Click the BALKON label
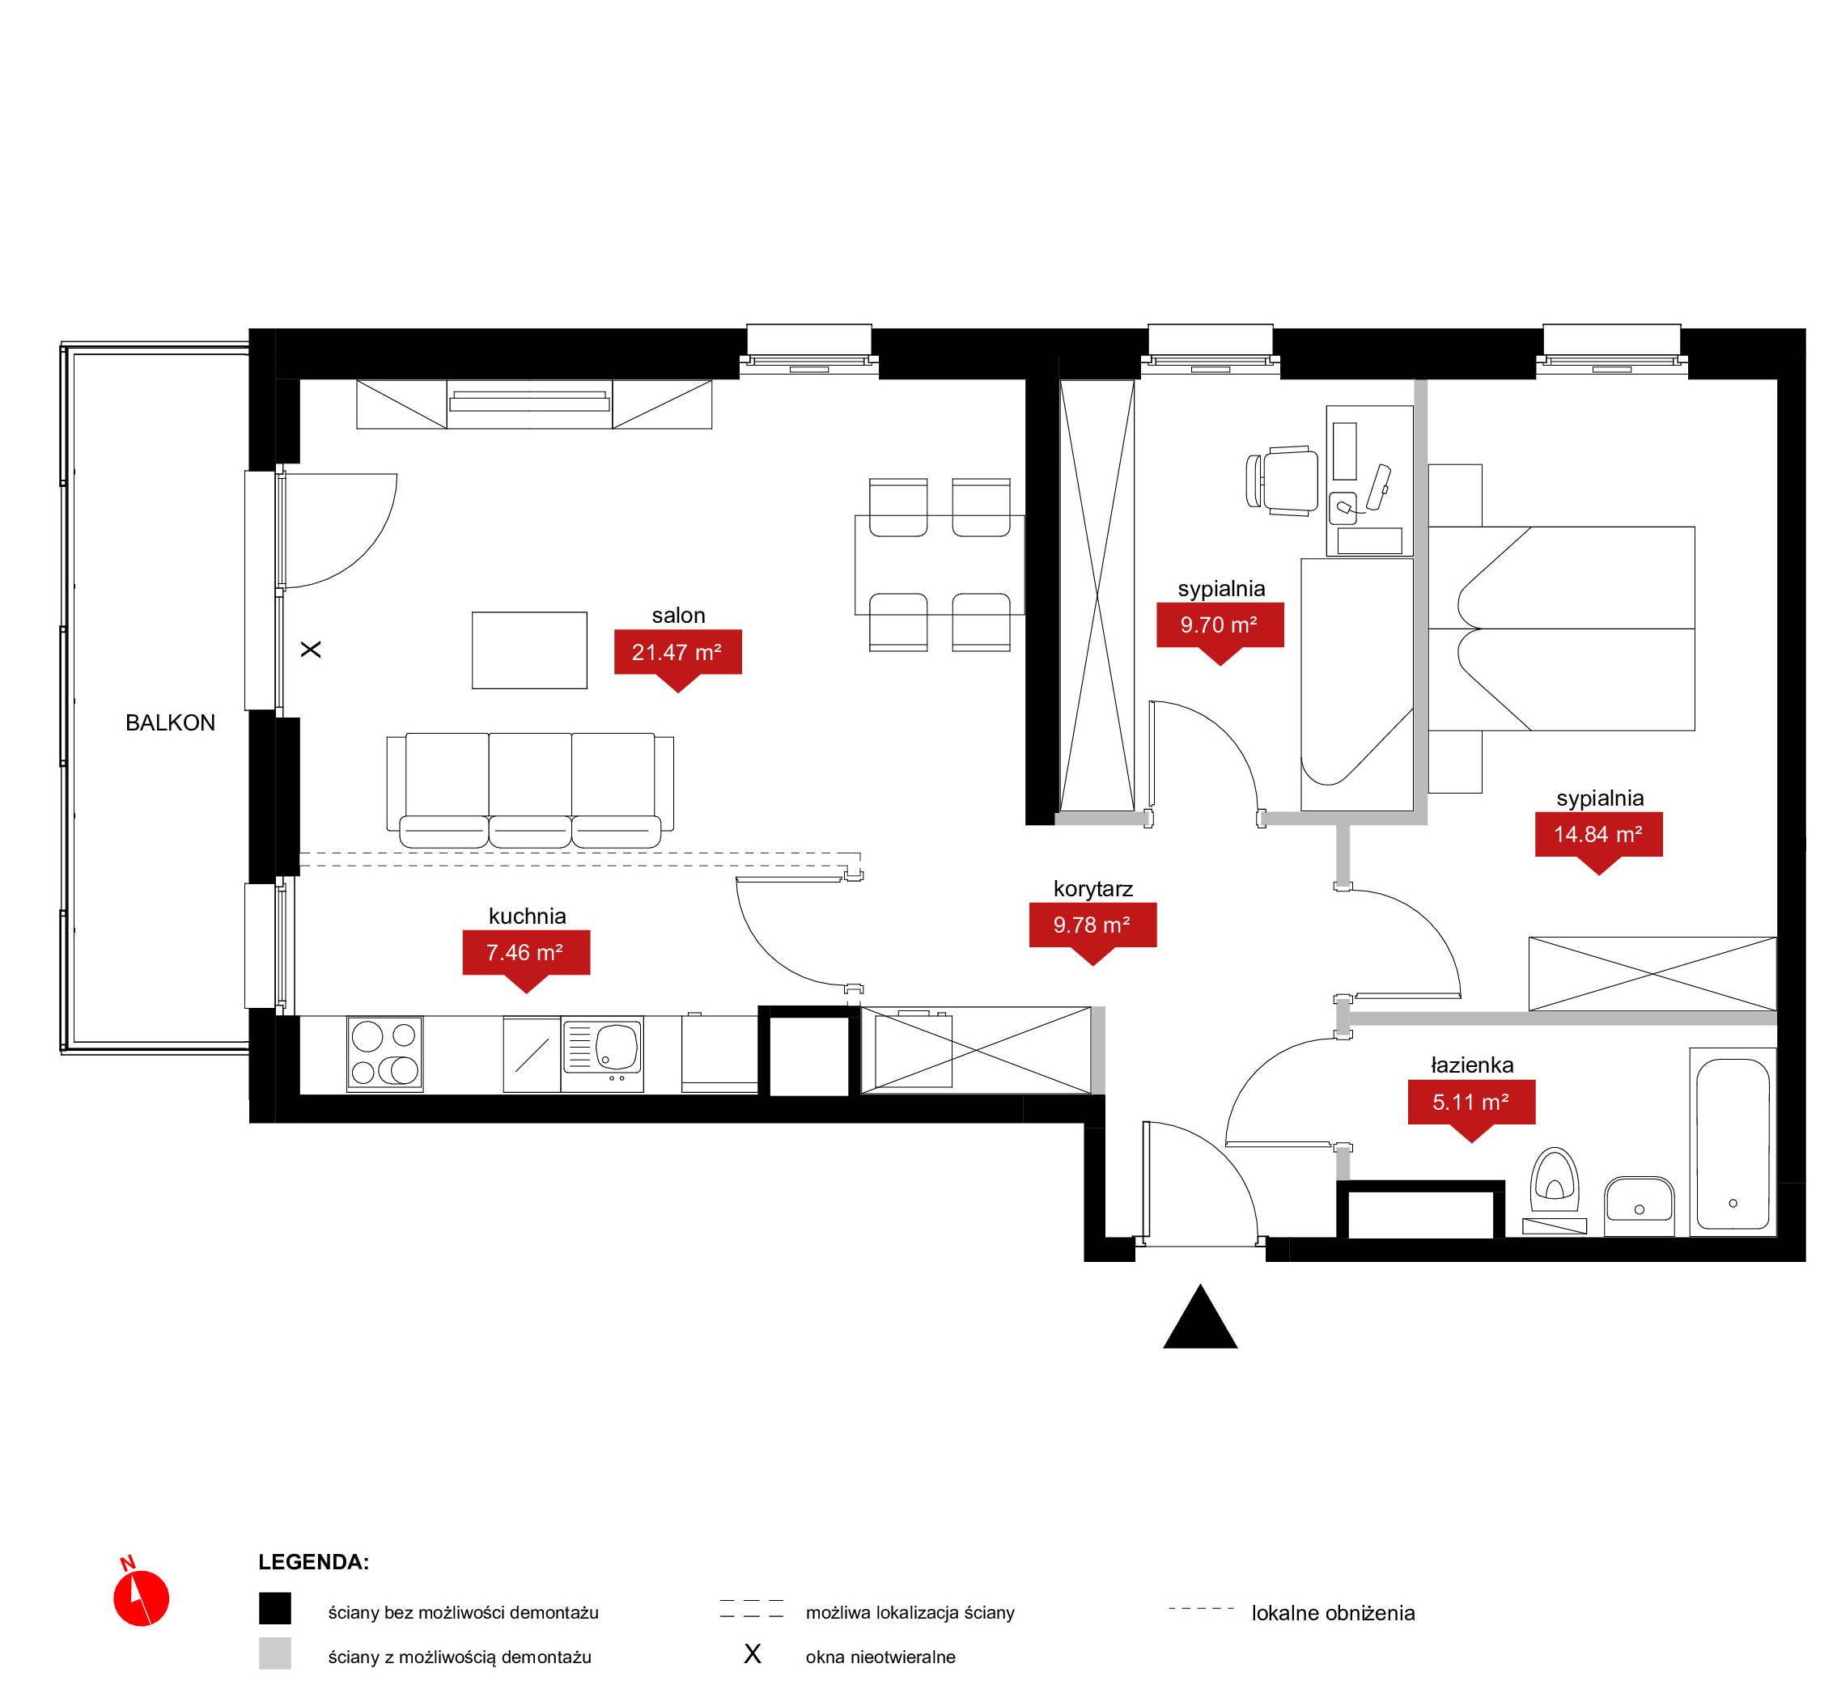tap(171, 723)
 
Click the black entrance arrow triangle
tap(1200, 1318)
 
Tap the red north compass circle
tap(142, 1598)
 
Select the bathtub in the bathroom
tap(1733, 1142)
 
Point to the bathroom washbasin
tap(1639, 1205)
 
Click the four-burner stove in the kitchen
tap(385, 1053)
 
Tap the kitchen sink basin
tap(617, 1046)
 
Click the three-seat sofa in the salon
tap(530, 790)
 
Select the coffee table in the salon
tap(529, 650)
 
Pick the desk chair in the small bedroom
tap(1283, 481)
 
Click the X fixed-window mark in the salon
tap(311, 650)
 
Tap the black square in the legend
tap(274, 1608)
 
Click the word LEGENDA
tap(314, 1562)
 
